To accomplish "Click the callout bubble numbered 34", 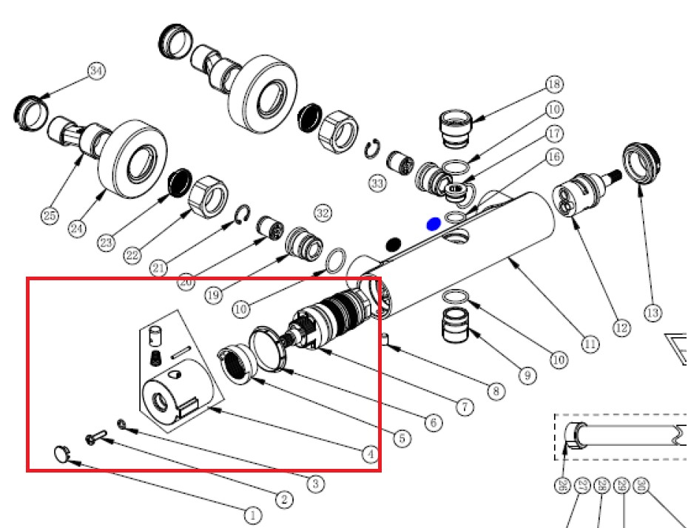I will [x=96, y=71].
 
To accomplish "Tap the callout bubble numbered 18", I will [x=555, y=84].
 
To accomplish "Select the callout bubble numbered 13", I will [x=652, y=313].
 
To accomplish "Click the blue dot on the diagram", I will [x=434, y=223].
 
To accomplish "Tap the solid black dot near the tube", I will [x=394, y=243].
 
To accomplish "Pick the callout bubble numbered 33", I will [x=378, y=183].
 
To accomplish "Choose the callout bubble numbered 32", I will [x=323, y=214].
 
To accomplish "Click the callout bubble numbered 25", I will [x=49, y=217].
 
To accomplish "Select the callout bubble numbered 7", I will [x=464, y=407].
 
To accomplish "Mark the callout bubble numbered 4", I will [x=371, y=455].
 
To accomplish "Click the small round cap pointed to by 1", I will [x=62, y=453].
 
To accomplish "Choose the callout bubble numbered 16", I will [x=555, y=157].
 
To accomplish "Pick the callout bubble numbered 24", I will [x=77, y=229].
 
